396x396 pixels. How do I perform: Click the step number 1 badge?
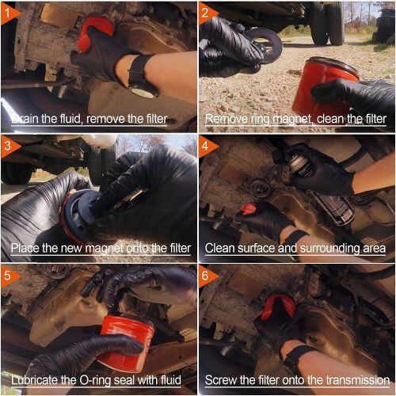point(8,10)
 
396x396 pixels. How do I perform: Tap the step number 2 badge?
point(208,11)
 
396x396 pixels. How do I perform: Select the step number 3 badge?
point(8,145)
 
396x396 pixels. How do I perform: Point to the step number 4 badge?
point(208,145)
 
